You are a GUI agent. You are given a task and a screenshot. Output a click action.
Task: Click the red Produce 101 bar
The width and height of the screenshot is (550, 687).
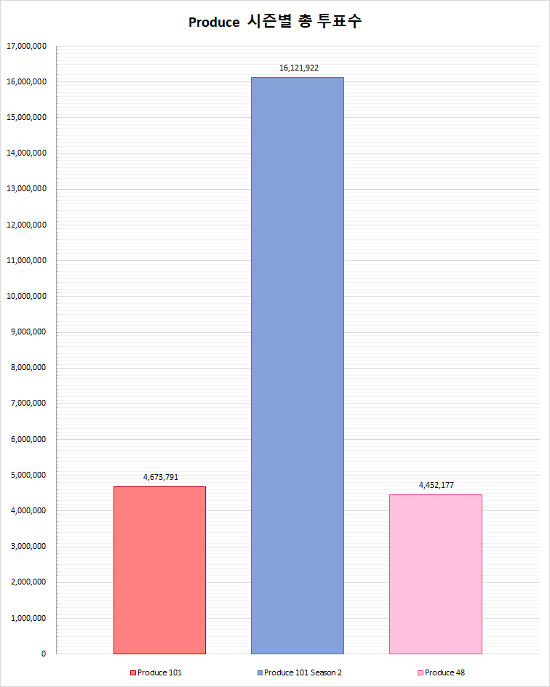pos(159,570)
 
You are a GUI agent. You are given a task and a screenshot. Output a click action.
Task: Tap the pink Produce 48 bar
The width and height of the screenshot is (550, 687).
pos(435,574)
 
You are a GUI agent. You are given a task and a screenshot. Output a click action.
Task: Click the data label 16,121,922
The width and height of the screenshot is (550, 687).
pos(299,68)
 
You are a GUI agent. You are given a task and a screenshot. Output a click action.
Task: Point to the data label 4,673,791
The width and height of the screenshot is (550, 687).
pos(161,477)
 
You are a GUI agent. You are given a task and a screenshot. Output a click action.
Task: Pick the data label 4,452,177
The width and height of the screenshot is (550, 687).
pos(437,485)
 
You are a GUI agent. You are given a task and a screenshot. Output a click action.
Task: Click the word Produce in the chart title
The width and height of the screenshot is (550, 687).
pos(214,23)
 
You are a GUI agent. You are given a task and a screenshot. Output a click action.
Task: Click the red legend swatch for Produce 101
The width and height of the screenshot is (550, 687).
pos(133,673)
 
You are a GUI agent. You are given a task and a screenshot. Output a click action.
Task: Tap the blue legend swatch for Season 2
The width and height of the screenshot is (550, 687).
pos(260,673)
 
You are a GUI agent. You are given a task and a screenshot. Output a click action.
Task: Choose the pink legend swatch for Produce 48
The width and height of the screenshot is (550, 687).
pos(421,673)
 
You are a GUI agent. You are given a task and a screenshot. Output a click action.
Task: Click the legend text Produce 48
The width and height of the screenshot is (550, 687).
pos(445,673)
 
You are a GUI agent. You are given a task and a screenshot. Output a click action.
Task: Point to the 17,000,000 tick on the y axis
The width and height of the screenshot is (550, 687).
pos(27,46)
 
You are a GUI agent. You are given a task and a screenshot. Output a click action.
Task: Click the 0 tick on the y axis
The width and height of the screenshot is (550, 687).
pos(44,654)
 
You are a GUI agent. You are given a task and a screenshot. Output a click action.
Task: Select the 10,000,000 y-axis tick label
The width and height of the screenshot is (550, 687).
pos(27,296)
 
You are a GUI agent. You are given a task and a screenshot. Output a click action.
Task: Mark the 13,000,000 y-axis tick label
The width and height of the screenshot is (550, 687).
pos(27,189)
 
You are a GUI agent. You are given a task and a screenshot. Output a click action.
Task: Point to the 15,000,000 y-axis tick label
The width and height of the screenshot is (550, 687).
pos(27,117)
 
